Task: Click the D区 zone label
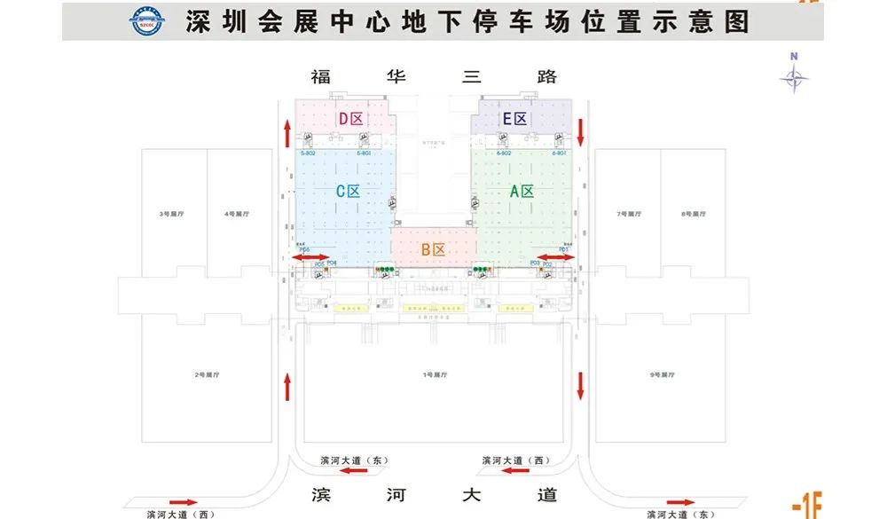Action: pyautogui.click(x=350, y=119)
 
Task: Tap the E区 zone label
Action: pyautogui.click(x=514, y=119)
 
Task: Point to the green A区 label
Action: pyautogui.click(x=521, y=191)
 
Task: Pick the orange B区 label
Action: pyautogui.click(x=433, y=250)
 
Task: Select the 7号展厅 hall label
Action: pyautogui.click(x=627, y=214)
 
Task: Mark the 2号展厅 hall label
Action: pyautogui.click(x=207, y=375)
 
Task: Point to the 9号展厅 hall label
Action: pyautogui.click(x=662, y=375)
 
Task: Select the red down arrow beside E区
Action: pyautogui.click(x=580, y=133)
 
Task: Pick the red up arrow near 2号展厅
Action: pyautogui.click(x=287, y=386)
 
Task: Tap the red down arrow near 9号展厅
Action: pyautogui.click(x=581, y=386)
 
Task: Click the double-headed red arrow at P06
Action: pyautogui.click(x=309, y=257)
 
